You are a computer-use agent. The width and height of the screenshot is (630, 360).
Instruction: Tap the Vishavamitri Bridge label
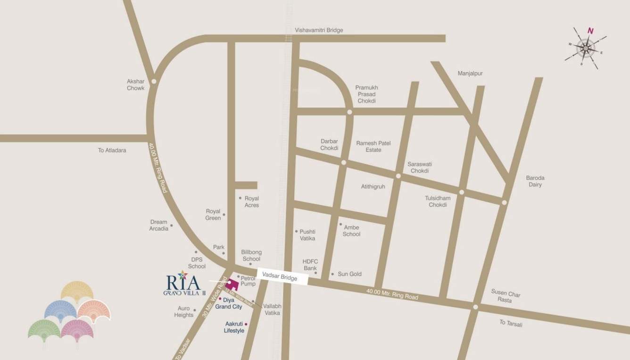pos(319,30)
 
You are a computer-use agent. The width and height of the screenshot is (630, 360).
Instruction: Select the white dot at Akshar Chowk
pos(154,81)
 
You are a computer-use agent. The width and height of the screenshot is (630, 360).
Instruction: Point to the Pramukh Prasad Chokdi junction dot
pos(349,112)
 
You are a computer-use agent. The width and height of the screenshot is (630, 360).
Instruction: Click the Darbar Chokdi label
pos(329,145)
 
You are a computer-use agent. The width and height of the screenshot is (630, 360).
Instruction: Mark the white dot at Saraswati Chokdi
pos(398,176)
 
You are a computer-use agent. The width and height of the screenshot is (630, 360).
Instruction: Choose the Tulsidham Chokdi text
pos(437,201)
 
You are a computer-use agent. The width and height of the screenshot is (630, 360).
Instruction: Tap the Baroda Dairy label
pos(535,181)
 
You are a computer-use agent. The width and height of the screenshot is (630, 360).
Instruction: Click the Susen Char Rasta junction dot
pos(475,307)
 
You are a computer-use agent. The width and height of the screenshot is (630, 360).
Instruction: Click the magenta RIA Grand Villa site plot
pos(231,285)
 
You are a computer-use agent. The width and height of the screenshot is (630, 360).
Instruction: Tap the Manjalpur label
pos(470,74)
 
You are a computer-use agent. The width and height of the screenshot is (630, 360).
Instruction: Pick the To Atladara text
pos(112,151)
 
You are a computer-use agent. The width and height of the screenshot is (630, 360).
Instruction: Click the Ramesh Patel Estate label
pos(373,146)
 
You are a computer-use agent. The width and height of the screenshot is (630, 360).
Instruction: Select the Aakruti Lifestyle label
pos(234,327)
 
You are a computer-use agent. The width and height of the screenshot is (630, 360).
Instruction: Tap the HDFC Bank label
pos(310,265)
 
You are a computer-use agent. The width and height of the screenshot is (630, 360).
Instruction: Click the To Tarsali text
pos(511,323)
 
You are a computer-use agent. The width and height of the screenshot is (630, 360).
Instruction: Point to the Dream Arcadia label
pos(159,225)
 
